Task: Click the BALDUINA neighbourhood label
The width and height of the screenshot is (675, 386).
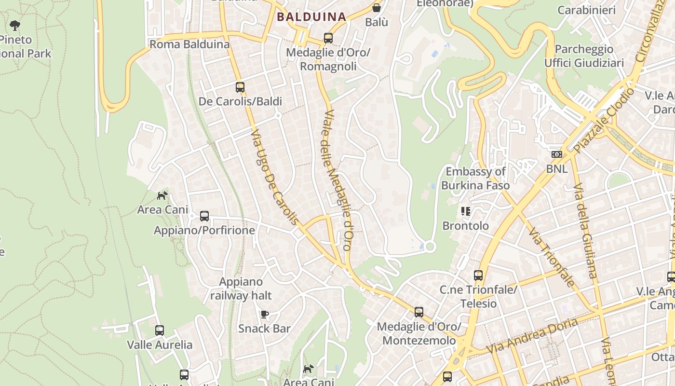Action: coord(311,17)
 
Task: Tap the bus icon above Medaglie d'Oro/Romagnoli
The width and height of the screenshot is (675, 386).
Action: coord(328,38)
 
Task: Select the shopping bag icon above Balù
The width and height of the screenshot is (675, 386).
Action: coord(376,8)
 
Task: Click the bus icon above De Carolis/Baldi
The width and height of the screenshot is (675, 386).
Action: coord(240,87)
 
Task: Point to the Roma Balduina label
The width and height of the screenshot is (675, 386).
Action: coord(189,44)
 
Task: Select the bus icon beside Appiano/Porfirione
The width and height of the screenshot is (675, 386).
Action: coord(204,216)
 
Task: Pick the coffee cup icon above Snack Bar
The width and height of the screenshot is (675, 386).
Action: coord(264,315)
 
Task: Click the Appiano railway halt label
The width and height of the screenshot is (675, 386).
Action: coord(241,289)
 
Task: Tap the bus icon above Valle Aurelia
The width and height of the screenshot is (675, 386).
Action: coord(160,331)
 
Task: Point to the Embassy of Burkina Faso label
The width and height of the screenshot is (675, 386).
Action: coord(475,178)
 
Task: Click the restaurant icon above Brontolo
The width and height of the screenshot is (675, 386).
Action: coord(465,211)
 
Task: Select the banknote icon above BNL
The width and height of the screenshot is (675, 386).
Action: coord(557,154)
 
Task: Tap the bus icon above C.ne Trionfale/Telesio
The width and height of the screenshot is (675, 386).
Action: coord(478,276)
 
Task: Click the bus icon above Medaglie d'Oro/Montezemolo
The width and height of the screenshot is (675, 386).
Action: coord(419,312)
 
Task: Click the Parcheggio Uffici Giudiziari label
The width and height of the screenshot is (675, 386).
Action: coord(584,56)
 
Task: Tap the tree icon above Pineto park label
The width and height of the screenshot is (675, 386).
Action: coord(15,25)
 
